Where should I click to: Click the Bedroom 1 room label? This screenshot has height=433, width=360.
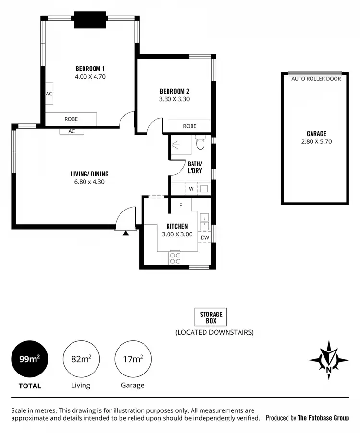(90, 68)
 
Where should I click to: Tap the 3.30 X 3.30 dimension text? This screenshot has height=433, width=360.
(174, 100)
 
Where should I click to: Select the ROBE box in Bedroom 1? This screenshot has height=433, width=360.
(71, 119)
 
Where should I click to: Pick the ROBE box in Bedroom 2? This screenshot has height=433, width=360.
(190, 126)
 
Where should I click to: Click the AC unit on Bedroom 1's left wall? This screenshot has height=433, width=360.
(49, 94)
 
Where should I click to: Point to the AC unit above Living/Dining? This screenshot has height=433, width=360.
(72, 131)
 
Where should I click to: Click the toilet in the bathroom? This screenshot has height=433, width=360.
(200, 143)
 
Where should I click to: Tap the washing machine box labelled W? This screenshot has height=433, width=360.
(191, 189)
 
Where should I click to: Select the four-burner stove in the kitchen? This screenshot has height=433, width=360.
(175, 258)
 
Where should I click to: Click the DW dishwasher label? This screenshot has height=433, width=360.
(205, 237)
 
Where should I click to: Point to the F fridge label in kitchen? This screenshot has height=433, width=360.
(180, 206)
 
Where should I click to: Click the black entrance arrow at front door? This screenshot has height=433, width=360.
(125, 233)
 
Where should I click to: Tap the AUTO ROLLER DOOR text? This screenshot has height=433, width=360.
(316, 79)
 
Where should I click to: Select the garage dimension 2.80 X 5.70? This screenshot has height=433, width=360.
(316, 141)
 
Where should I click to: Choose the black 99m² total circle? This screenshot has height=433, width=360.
(30, 359)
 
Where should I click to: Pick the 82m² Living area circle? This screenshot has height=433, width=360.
(81, 359)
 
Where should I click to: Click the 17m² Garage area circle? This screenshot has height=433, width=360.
(132, 359)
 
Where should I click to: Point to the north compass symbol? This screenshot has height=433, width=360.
(329, 360)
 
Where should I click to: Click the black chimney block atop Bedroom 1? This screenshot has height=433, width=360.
(90, 20)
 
